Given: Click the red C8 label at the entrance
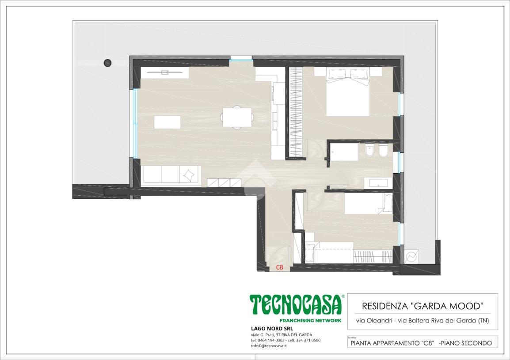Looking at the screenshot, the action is pos(279,267).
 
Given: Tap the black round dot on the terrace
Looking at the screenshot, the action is pos(107,63).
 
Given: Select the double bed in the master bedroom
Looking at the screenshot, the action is pos(348,92).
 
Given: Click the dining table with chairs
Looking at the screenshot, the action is pos(237,117).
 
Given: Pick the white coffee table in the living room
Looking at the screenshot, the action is pos(167,122).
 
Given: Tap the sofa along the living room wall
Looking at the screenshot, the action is pos(171,175).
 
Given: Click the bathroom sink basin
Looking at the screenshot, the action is pos(378,183).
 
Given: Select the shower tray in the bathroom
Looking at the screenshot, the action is pos(344,152).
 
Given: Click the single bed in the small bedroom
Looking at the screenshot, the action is pos(369,204).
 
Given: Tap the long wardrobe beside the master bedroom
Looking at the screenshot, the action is pos(296,112).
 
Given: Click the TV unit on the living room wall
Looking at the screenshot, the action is pos(164,72).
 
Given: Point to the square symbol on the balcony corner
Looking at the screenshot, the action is pos(411,257).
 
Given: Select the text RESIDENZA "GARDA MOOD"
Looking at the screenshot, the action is pos(422,306).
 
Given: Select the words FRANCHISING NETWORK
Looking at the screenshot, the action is pos(310,320).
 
